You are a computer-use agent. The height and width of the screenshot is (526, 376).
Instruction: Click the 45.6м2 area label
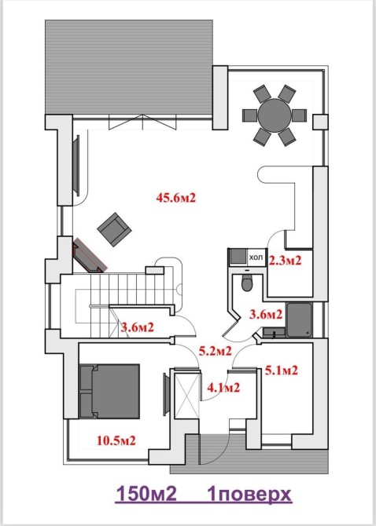pyautogui.click(x=175, y=198)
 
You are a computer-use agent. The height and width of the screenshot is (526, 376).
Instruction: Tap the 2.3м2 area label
pyautogui.click(x=286, y=261)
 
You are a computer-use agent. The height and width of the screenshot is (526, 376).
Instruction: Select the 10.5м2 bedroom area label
pyautogui.click(x=116, y=440)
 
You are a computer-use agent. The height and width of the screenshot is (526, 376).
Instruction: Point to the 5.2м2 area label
pyautogui.click(x=215, y=351)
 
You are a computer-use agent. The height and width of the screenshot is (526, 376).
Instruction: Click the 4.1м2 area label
pyautogui.click(x=223, y=388)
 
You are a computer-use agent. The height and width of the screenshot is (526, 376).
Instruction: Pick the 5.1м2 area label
pyautogui.click(x=282, y=371)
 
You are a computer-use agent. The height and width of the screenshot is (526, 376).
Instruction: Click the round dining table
pyautogui.click(x=275, y=115)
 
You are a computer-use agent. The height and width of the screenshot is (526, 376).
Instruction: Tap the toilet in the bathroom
pyautogui.click(x=247, y=283)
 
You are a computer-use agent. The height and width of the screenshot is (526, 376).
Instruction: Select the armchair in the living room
pyautogui.click(x=114, y=229)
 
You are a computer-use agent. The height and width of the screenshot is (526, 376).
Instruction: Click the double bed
pyautogui.click(x=109, y=391)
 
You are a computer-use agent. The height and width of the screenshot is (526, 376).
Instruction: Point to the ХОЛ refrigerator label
pyautogui.click(x=256, y=258)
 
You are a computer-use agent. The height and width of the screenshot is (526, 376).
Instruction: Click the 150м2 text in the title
pyautogui.click(x=146, y=494)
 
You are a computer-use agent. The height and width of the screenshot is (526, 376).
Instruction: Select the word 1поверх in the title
pyautogui.click(x=249, y=495)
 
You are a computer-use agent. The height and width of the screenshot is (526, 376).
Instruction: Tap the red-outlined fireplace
pyautogui.click(x=90, y=255)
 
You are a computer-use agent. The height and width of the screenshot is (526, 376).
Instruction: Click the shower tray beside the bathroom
pyautogui.click(x=300, y=320)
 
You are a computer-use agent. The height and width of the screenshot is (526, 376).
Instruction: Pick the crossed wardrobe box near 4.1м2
pyautogui.click(x=187, y=394)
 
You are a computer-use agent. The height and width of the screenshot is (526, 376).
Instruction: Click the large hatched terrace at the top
pyautogui.click(x=129, y=67)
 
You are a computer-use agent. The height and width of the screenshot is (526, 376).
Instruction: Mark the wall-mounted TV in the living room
pyautogui.click(x=76, y=166)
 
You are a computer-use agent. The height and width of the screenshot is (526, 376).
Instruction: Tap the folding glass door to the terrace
pyautogui.click(x=142, y=122)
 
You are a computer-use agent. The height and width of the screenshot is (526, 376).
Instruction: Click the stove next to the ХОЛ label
pyautogui.click(x=238, y=257)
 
